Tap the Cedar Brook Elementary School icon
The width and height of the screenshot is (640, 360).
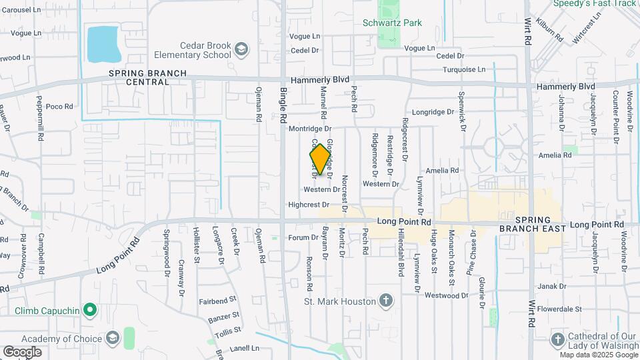241,48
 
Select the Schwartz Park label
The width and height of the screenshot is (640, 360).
392,23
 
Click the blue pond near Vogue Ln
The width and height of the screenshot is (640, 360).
102,43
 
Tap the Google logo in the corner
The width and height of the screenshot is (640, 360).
22,351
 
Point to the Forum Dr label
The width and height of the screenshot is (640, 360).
303,237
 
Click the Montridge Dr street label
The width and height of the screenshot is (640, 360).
311,128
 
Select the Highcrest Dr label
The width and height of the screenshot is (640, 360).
309,205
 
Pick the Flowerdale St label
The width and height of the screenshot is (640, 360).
559,309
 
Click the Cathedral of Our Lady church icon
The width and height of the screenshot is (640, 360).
557,339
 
